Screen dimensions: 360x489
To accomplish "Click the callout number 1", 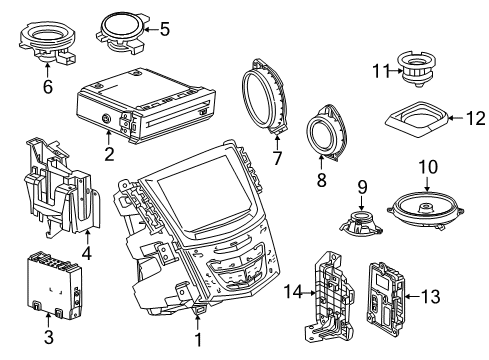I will [198, 341].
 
